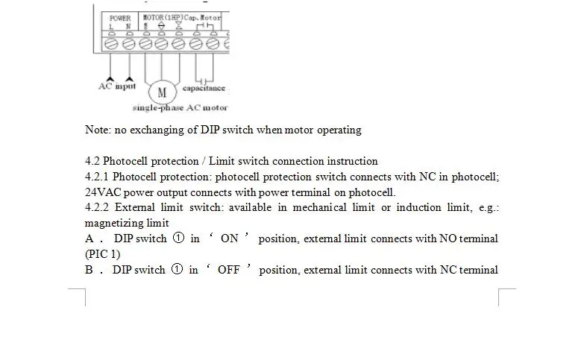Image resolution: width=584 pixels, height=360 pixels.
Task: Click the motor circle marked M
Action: click(x=162, y=92)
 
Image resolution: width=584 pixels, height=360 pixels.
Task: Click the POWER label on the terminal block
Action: click(x=119, y=18)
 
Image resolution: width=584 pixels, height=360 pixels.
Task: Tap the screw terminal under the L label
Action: click(x=111, y=45)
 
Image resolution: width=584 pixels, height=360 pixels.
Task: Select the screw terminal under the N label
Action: click(x=128, y=45)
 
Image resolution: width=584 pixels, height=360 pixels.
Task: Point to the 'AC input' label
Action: click(x=117, y=86)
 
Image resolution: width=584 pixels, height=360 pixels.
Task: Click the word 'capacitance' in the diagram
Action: click(x=204, y=88)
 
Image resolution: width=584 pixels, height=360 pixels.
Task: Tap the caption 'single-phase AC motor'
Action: click(x=180, y=108)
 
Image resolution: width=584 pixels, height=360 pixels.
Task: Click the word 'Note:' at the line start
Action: click(x=98, y=130)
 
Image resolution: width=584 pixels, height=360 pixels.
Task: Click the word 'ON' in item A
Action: click(x=230, y=239)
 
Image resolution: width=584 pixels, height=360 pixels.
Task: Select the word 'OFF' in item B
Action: click(x=228, y=270)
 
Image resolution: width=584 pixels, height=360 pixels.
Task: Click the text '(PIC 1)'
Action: click(x=102, y=254)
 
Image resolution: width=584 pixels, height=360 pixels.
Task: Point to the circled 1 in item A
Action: click(x=178, y=239)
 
